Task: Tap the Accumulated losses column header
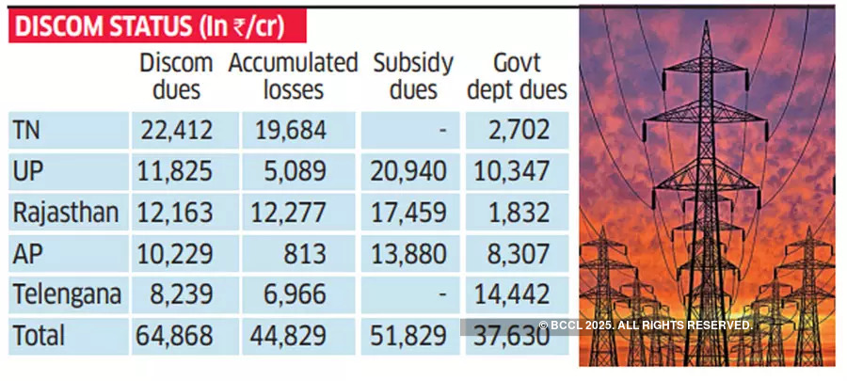point(293,76)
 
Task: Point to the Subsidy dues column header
point(412,76)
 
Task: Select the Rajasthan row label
point(66,213)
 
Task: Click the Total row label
point(40,335)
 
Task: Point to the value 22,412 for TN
point(177,130)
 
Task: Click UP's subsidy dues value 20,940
point(413,171)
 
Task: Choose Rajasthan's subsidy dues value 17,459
point(413,213)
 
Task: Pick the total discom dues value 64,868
point(177,335)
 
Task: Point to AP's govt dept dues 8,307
point(519,253)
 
